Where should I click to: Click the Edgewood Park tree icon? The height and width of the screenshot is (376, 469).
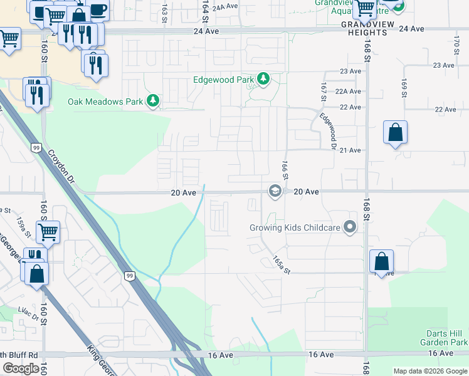264,80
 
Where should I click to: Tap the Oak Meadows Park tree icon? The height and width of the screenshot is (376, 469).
152,100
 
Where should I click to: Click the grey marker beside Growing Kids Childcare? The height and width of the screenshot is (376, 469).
350,227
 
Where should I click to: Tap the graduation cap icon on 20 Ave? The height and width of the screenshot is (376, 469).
275,191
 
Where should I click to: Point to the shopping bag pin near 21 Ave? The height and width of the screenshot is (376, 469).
395,133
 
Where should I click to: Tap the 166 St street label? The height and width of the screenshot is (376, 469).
284,169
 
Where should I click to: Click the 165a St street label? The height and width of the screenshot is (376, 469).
283,264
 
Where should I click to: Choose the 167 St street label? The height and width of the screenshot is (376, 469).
324,92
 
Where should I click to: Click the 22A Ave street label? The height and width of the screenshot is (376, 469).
348,91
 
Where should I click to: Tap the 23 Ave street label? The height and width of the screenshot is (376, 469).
350,71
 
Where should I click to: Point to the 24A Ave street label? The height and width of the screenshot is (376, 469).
225,7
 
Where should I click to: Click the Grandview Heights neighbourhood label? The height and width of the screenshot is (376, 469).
364,28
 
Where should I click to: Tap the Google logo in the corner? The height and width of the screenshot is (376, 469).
21,368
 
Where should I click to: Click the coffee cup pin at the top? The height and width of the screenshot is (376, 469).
98,11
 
